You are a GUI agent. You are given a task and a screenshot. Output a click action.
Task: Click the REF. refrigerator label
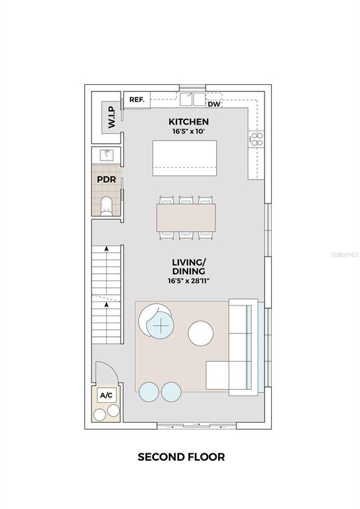coord(137,99)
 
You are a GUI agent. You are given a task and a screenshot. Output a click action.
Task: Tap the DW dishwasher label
coord(214,104)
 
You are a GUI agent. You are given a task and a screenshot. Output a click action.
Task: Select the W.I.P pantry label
coord(111,117)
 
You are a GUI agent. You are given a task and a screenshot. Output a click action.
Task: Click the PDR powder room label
coord(107,179)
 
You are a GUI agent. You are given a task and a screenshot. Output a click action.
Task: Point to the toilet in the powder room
coord(106,206)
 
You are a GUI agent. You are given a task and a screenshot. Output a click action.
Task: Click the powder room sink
coord(106,155)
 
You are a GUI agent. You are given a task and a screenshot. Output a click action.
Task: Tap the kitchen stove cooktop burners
coord(257,139)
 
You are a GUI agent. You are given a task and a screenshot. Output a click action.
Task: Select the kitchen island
coord(185,158)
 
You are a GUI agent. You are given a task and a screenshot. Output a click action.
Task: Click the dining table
coord(186,217)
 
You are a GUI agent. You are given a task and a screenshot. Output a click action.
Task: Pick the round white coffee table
coord(201,333)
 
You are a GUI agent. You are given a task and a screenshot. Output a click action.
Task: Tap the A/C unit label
coord(106,395)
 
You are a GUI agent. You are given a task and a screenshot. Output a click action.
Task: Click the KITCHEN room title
coord(188,122)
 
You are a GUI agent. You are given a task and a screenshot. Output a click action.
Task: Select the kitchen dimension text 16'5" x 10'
coord(188,132)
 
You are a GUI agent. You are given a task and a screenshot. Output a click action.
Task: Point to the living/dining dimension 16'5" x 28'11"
coord(188,281)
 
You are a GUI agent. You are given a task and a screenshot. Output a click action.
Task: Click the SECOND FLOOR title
coord(181,457)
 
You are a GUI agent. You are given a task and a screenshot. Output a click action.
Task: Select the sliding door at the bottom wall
coord(197,426)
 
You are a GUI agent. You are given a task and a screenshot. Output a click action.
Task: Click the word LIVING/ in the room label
coord(188,262)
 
